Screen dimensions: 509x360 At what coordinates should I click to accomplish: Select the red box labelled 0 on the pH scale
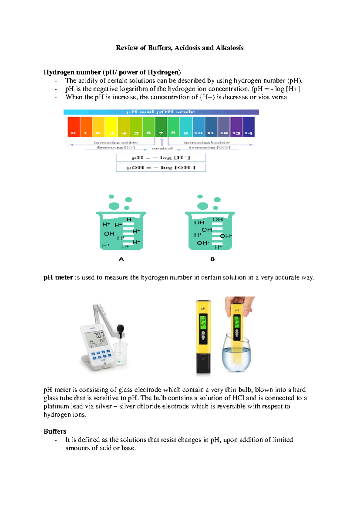point(73,127)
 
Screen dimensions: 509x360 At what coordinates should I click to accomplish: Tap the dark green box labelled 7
point(161,127)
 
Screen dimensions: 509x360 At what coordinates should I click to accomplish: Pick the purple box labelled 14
point(249,127)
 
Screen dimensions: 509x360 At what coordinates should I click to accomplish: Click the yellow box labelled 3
point(111,127)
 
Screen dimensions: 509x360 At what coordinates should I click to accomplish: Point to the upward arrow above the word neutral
point(162,141)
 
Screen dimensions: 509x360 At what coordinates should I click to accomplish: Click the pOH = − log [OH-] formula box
point(161,167)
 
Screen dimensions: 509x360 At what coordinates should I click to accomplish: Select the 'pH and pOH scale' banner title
point(161,112)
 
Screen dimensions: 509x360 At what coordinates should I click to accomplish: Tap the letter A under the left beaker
point(121,259)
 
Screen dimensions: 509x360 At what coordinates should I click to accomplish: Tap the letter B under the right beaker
point(212,259)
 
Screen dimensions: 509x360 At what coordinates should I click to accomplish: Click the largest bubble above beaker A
point(114,206)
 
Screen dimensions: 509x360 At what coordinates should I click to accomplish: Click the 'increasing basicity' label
point(207,143)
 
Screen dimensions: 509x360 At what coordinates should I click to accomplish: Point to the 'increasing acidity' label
point(115,143)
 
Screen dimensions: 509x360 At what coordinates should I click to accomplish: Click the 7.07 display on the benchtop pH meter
point(99,335)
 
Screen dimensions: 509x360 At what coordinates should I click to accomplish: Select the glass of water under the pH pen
point(236,357)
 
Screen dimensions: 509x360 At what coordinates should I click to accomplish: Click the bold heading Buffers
point(55,431)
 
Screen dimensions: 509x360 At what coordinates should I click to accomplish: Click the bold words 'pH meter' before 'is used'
point(58,277)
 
